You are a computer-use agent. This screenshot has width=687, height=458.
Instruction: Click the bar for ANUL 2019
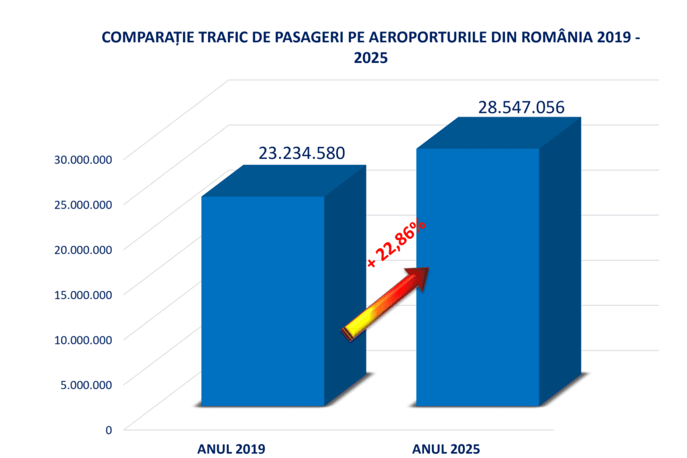click(x=263, y=302)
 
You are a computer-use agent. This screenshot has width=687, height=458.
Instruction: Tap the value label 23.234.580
click(x=302, y=153)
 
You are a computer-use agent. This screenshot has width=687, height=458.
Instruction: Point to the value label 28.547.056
click(x=521, y=108)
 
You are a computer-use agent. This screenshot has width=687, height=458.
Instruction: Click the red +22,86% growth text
click(x=396, y=243)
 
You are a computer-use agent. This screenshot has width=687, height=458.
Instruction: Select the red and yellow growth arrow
click(x=386, y=302)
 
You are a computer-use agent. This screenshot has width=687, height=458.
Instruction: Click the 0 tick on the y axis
click(x=108, y=430)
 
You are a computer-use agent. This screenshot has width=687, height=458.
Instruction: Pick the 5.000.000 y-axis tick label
click(x=82, y=385)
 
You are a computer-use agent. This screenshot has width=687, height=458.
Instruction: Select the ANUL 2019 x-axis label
click(x=231, y=449)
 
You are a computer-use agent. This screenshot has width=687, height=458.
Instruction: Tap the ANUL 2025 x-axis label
click(x=446, y=449)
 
